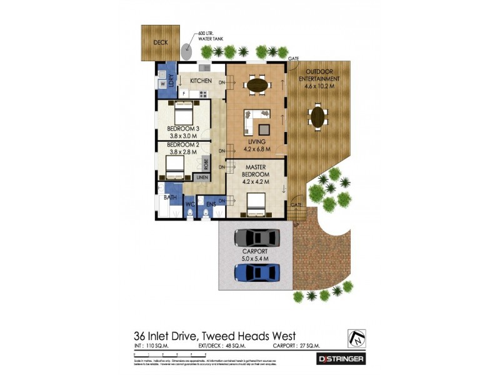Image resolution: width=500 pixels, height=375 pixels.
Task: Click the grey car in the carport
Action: [x=256, y=238]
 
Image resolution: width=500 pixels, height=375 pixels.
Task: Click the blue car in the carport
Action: [x=256, y=272]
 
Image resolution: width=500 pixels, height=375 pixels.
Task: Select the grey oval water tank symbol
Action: [x=187, y=50]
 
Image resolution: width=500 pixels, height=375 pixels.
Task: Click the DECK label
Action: [x=161, y=44]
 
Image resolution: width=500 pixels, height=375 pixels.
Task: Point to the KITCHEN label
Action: [x=201, y=81]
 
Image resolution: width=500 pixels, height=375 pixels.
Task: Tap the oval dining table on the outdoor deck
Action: [x=318, y=116]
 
